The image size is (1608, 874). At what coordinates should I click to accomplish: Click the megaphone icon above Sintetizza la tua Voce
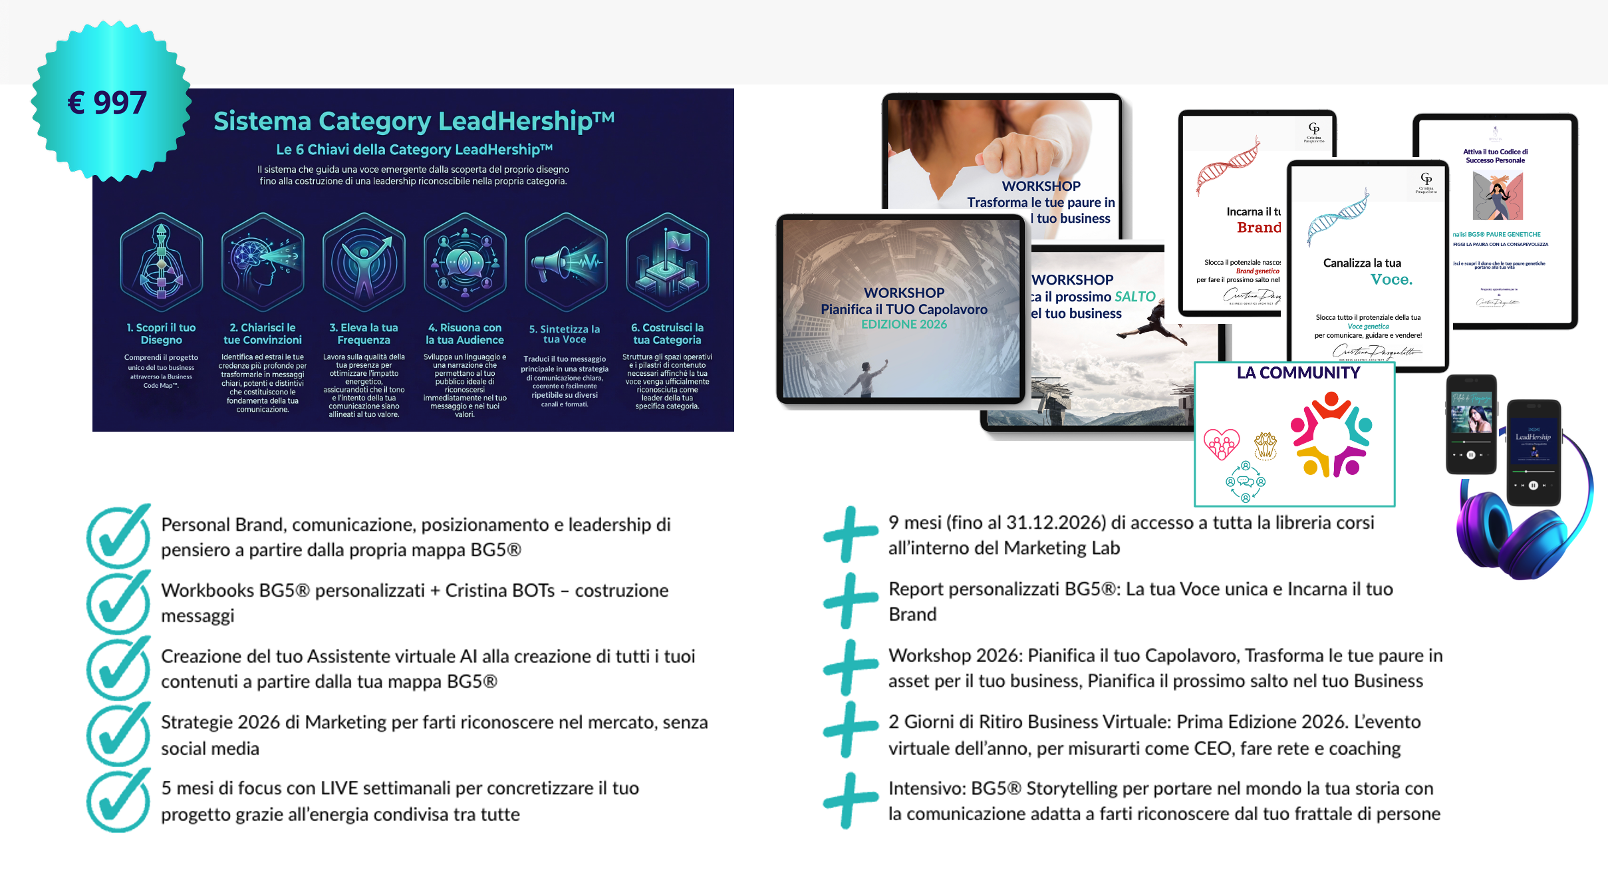[x=566, y=262]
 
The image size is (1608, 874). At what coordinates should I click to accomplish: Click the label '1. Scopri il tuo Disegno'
[x=161, y=334]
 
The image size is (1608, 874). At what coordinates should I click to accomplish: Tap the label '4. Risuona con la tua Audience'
[x=465, y=334]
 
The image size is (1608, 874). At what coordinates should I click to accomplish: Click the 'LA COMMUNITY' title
[x=1298, y=373]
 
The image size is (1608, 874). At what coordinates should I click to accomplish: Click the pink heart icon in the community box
[x=1222, y=444]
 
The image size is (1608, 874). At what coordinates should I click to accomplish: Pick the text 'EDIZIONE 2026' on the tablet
[x=904, y=325]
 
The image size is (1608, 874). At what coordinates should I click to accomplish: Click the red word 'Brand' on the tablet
[x=1258, y=227]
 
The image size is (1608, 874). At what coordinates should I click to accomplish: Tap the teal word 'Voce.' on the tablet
[x=1391, y=280]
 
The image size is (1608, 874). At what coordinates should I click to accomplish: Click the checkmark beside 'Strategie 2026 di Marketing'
[x=118, y=734]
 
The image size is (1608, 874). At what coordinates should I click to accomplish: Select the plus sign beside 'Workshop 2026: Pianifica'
[x=849, y=667]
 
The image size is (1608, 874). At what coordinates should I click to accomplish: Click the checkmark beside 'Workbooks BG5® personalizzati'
[x=118, y=602]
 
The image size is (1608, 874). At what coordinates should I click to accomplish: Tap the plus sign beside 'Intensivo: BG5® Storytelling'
[x=849, y=800]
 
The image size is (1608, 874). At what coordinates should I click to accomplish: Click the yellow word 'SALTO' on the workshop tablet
[x=1135, y=297]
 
